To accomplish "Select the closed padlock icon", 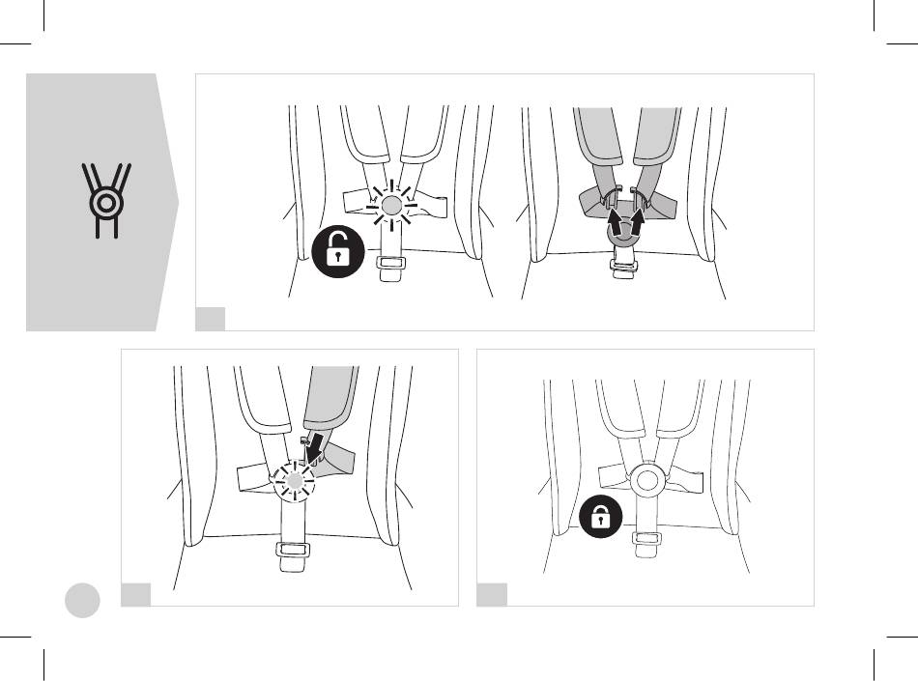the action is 600,520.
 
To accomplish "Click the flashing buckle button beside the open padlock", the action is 391,206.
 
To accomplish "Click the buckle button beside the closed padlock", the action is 646,478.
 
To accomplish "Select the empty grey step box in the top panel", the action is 211,319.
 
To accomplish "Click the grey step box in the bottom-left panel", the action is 135,594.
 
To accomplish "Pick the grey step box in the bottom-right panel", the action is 492,594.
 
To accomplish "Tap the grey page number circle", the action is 83,601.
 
